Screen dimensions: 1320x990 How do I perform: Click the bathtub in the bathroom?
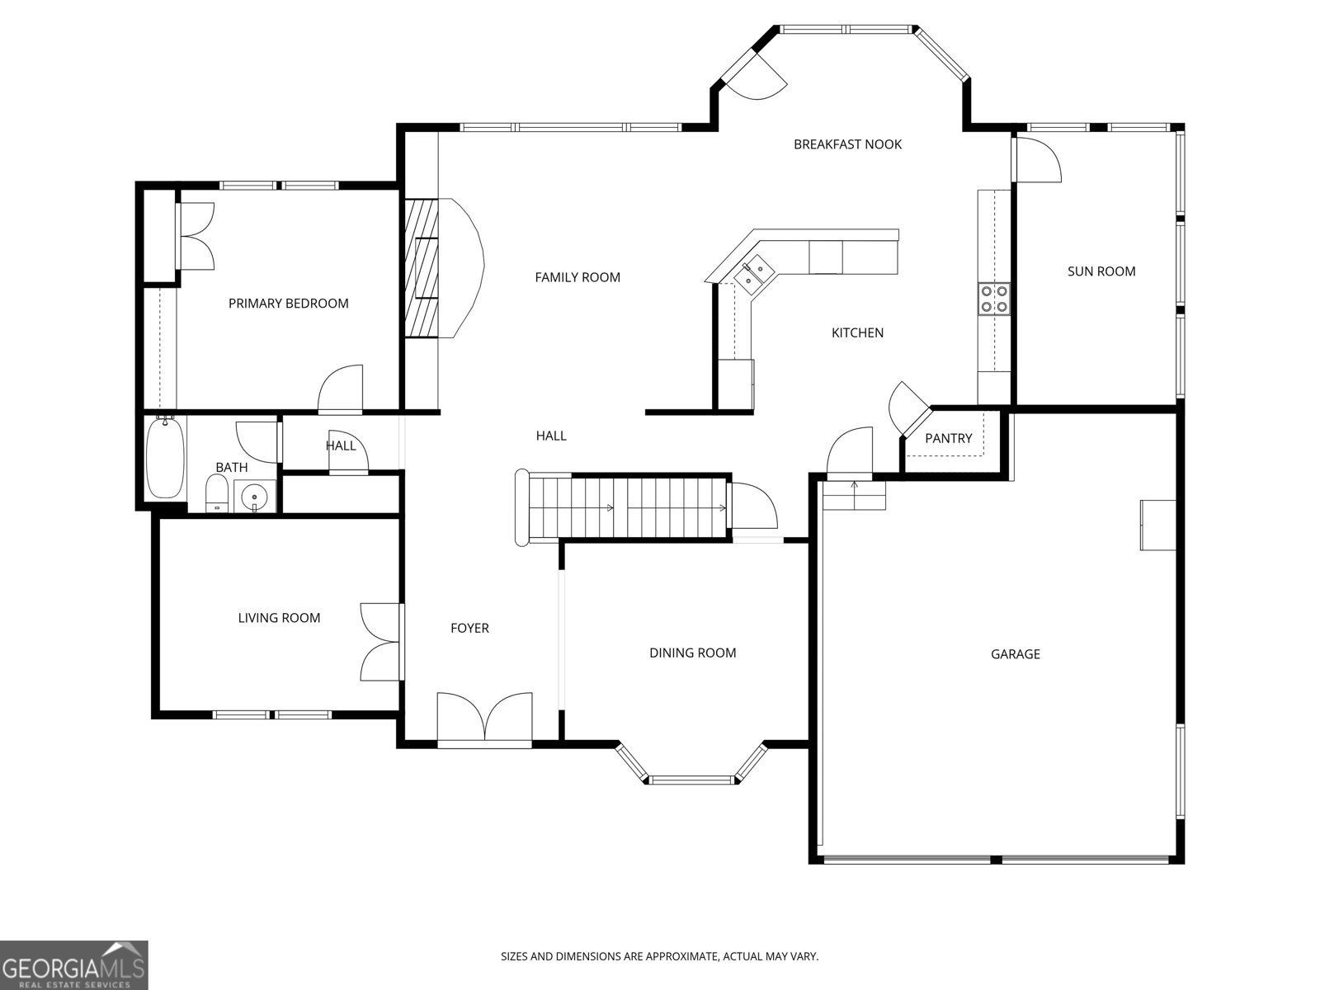coord(165,458)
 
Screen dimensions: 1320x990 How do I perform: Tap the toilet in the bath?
coord(216,493)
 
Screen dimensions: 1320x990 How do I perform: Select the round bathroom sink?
coord(254,497)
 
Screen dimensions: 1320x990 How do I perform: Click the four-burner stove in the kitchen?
coord(993,299)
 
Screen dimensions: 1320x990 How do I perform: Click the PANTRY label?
coord(949,438)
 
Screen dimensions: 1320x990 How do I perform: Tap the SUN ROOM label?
coord(1101,271)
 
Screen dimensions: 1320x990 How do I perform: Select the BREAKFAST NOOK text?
coord(847,144)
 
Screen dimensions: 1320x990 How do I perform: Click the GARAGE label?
coord(1015,654)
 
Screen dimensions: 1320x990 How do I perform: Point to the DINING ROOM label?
coord(692,653)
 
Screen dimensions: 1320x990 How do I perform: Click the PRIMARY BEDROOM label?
coord(288,304)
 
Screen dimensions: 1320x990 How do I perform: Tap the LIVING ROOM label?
coord(279,618)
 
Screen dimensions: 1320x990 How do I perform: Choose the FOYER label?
coord(469,628)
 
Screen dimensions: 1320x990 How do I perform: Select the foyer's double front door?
coord(485,720)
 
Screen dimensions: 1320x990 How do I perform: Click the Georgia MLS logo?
coord(73,965)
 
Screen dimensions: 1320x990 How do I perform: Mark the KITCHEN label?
coord(857,333)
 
